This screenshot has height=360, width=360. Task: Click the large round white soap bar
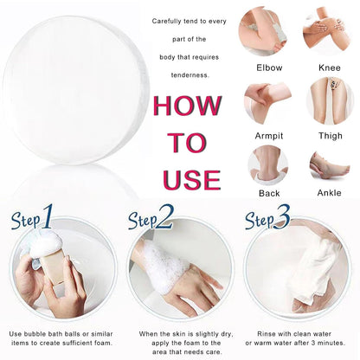75,90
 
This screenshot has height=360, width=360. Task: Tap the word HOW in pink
188,106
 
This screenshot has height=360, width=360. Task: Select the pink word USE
192,179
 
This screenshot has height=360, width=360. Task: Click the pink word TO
187,143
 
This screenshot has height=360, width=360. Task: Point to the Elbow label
269,67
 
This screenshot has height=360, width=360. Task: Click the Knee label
330,67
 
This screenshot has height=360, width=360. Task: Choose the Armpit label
269,136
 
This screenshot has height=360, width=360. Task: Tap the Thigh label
331,136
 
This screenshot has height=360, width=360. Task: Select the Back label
269,193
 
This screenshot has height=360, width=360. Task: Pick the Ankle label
329,193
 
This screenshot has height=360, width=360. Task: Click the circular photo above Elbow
263,32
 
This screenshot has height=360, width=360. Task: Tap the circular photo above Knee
327,30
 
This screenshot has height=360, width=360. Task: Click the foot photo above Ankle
330,167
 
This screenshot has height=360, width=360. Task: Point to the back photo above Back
268,165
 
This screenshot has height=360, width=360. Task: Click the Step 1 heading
32,217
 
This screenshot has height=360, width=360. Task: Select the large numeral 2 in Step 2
164,217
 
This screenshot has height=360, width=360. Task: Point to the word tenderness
190,75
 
